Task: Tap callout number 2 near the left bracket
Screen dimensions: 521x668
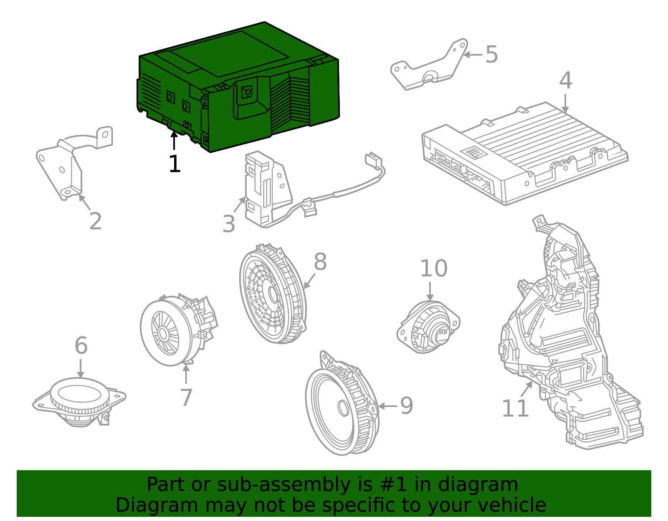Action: pyautogui.click(x=96, y=221)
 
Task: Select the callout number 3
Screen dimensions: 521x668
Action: pyautogui.click(x=229, y=224)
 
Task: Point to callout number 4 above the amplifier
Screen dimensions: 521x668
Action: pyautogui.click(x=565, y=81)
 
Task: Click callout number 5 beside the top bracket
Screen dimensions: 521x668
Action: pyautogui.click(x=491, y=55)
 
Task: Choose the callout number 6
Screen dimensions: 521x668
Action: pyautogui.click(x=81, y=346)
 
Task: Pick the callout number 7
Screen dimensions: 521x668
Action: pyautogui.click(x=186, y=398)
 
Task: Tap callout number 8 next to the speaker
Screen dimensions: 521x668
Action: pyautogui.click(x=320, y=262)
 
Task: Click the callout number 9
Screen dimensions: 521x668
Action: pyautogui.click(x=406, y=406)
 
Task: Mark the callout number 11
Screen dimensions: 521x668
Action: pyautogui.click(x=515, y=408)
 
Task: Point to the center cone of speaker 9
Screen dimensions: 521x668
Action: pyautogui.click(x=343, y=408)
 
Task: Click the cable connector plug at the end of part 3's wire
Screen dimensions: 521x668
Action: pyautogui.click(x=372, y=160)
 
